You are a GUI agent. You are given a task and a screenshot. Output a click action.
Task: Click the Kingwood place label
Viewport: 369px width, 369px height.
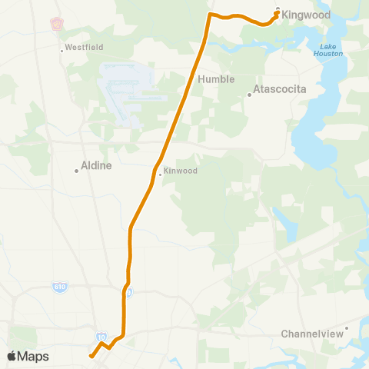tap(305, 15)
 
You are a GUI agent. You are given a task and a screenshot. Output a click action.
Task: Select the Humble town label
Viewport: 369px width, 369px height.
tap(216, 79)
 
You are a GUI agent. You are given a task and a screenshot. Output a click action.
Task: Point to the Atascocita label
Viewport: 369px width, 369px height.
tap(280, 89)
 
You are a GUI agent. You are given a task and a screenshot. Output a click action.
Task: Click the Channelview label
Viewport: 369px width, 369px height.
tap(310, 334)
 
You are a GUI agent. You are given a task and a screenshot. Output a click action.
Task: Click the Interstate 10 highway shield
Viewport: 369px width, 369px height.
tap(101, 337)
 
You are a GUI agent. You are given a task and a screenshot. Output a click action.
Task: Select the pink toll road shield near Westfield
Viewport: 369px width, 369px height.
tap(56, 23)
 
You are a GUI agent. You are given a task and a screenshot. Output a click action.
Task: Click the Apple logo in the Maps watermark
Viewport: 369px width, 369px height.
tap(12, 356)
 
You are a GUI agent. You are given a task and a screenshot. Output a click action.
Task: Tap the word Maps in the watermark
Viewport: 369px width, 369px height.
tap(34, 356)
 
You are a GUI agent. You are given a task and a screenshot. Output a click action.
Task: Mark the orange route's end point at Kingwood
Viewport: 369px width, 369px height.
tap(277, 12)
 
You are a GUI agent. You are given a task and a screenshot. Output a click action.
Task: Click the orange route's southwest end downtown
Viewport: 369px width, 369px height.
tap(91, 356)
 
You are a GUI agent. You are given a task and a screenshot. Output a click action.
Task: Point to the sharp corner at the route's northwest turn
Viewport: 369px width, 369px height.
tap(210, 14)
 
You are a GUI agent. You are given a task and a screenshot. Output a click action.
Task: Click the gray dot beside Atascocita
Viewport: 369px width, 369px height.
tap(249, 95)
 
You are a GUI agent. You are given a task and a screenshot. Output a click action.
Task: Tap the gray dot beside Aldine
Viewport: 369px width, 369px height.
tap(77, 171)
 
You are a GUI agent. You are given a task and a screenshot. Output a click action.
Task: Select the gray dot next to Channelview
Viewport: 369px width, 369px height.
tap(347, 328)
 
